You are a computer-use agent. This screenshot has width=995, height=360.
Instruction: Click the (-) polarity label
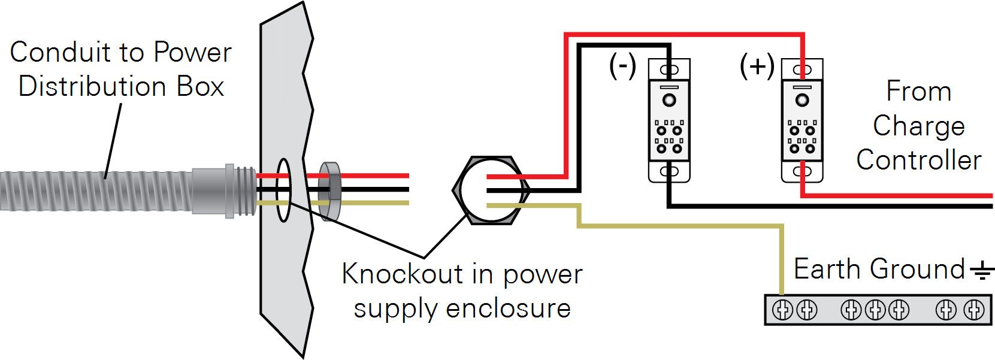622,65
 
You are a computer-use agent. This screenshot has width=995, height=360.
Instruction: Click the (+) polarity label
757,65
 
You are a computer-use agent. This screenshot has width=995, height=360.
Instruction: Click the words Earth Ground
879,269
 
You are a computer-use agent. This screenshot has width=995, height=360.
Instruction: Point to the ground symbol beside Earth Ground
982,271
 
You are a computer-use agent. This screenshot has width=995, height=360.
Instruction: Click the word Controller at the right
918,161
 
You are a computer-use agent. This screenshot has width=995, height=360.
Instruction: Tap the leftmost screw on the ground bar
782,310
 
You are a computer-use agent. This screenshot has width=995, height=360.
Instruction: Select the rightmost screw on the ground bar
973,310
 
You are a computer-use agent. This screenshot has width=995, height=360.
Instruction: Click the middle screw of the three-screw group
875,310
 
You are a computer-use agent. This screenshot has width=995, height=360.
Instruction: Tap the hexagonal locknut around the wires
491,190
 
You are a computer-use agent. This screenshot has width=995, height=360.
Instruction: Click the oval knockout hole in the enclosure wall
283,190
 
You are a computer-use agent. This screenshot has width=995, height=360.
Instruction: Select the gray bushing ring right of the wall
330,190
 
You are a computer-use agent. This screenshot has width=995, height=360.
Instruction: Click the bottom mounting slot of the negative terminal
669,172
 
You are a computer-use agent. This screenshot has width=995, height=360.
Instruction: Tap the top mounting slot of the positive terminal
802,69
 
